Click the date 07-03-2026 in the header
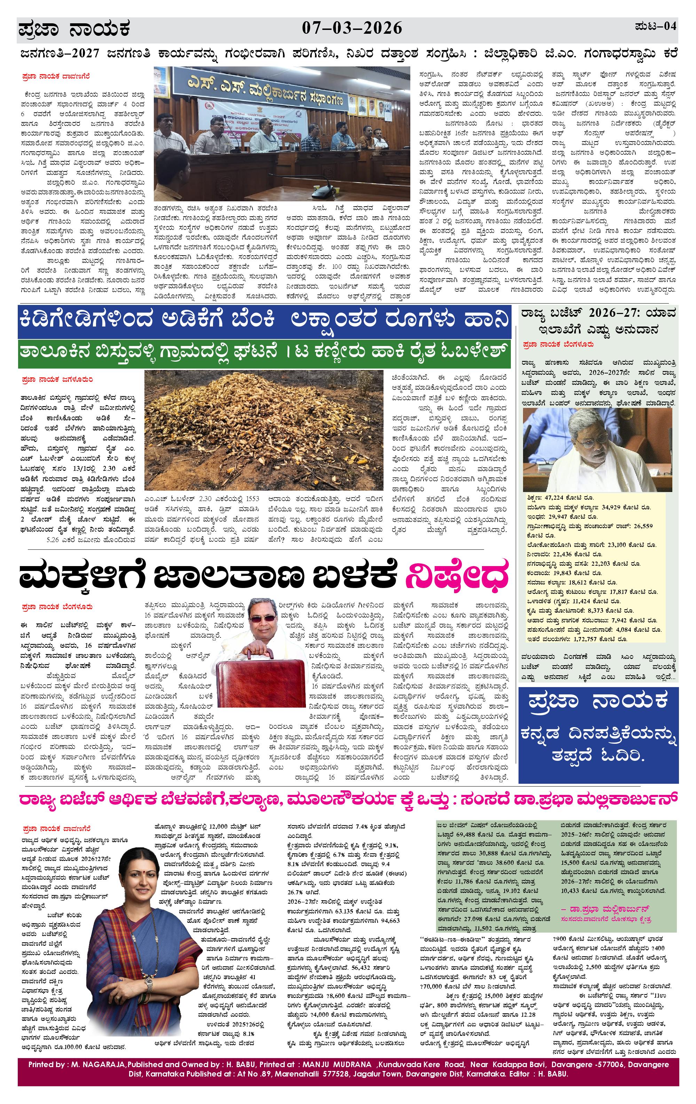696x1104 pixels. [x=352, y=29]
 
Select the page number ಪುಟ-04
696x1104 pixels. [x=656, y=26]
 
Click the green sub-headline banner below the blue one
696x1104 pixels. [x=265, y=354]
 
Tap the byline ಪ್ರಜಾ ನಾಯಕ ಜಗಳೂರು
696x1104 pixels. [x=57, y=380]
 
